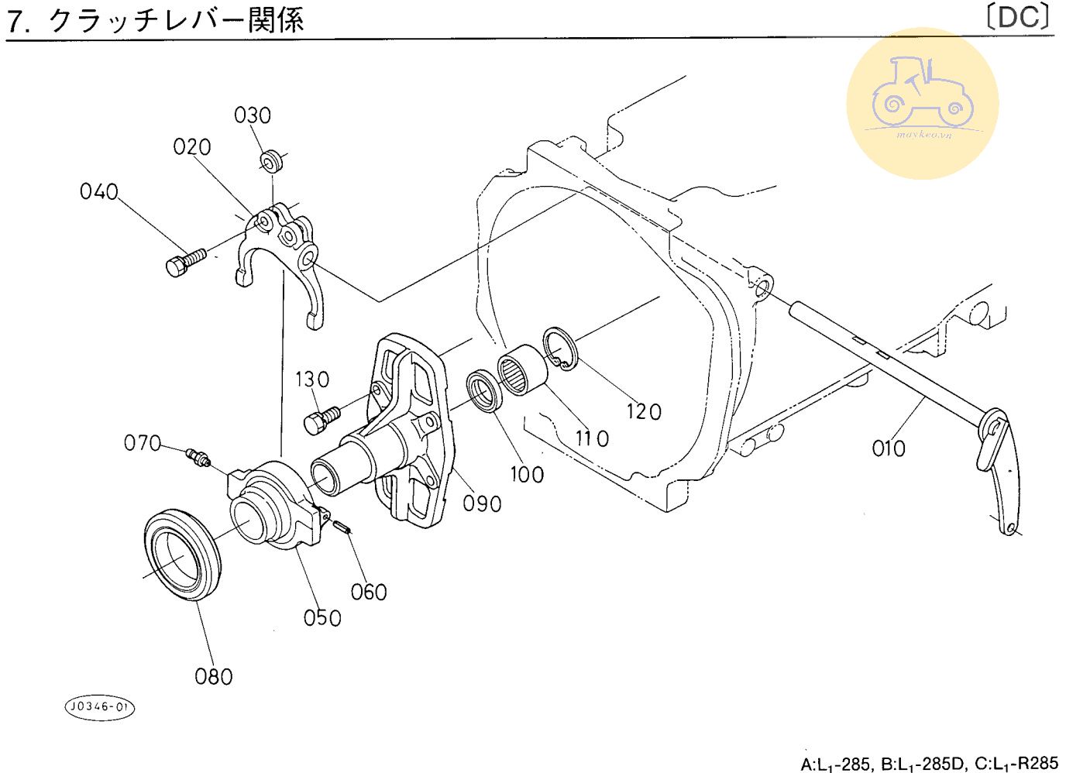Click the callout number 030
coord(253,115)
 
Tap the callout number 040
coord(99,191)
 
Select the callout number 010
coord(889,448)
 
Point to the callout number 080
coord(214,676)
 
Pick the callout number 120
coord(645,411)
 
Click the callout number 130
coord(312,380)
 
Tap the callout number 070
coord(143,443)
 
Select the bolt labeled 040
coord(185,261)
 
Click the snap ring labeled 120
coord(560,349)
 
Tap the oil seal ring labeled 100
coord(484,392)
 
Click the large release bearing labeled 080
coord(183,551)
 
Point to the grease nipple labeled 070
coord(198,457)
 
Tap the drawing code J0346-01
coord(99,706)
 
